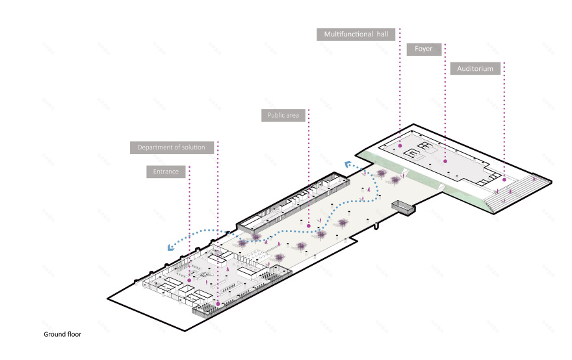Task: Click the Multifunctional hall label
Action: point(356,34)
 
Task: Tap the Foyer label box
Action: point(424,49)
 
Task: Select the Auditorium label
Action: point(474,68)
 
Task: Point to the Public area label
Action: point(283,116)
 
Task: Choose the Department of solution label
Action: point(172,148)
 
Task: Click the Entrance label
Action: point(166,172)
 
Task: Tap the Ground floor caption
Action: point(62,335)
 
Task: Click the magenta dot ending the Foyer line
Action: point(445,161)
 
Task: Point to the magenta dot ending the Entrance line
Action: point(189,279)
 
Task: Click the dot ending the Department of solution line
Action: point(218,303)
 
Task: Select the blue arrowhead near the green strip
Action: point(349,164)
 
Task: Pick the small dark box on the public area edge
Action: point(402,207)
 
